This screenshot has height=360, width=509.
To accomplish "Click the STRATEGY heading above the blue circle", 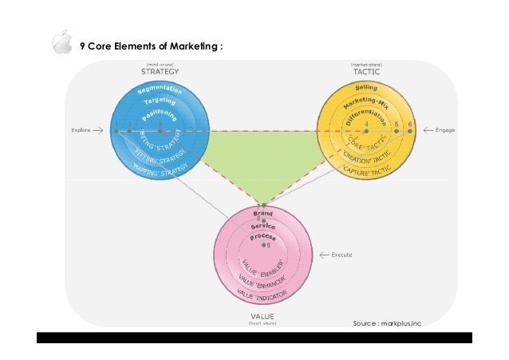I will click(160, 71).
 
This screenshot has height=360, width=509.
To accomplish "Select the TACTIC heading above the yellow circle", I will click(366, 71).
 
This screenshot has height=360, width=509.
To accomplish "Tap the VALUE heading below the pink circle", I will click(262, 315).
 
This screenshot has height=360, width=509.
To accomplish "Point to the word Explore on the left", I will click(81, 129).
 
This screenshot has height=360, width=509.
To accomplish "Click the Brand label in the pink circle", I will click(262, 215).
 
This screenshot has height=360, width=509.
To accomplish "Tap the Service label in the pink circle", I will click(262, 227).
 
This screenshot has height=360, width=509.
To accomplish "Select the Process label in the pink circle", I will click(262, 237).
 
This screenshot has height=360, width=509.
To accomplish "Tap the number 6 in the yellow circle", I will click(410, 125).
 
